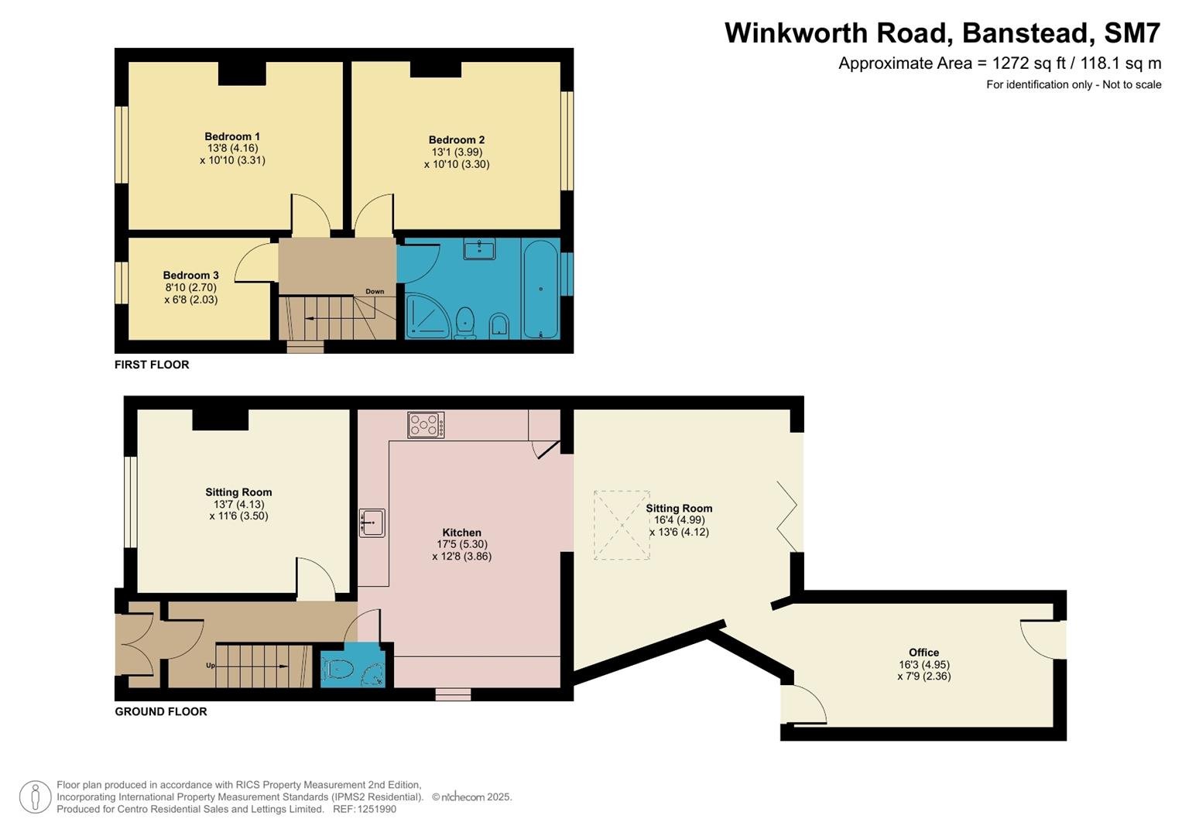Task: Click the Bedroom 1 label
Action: [x=232, y=136]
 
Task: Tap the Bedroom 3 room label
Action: [x=190, y=275]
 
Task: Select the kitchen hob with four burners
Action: [x=426, y=425]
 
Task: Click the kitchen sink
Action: [x=372, y=522]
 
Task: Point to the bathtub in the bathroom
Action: [x=540, y=289]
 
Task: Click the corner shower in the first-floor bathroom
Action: [x=427, y=317]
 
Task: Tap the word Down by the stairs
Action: [x=375, y=291]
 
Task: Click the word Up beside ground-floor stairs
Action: [x=210, y=666]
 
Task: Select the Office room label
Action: [x=923, y=653]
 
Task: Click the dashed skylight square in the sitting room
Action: [x=622, y=525]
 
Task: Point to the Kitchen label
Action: [x=461, y=533]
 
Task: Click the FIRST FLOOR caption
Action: [x=152, y=365]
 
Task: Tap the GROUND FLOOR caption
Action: [x=161, y=711]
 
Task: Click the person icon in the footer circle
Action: [x=36, y=797]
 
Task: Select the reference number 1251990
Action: [x=377, y=809]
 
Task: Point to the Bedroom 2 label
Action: [x=457, y=140]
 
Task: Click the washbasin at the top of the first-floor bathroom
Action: [x=479, y=249]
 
